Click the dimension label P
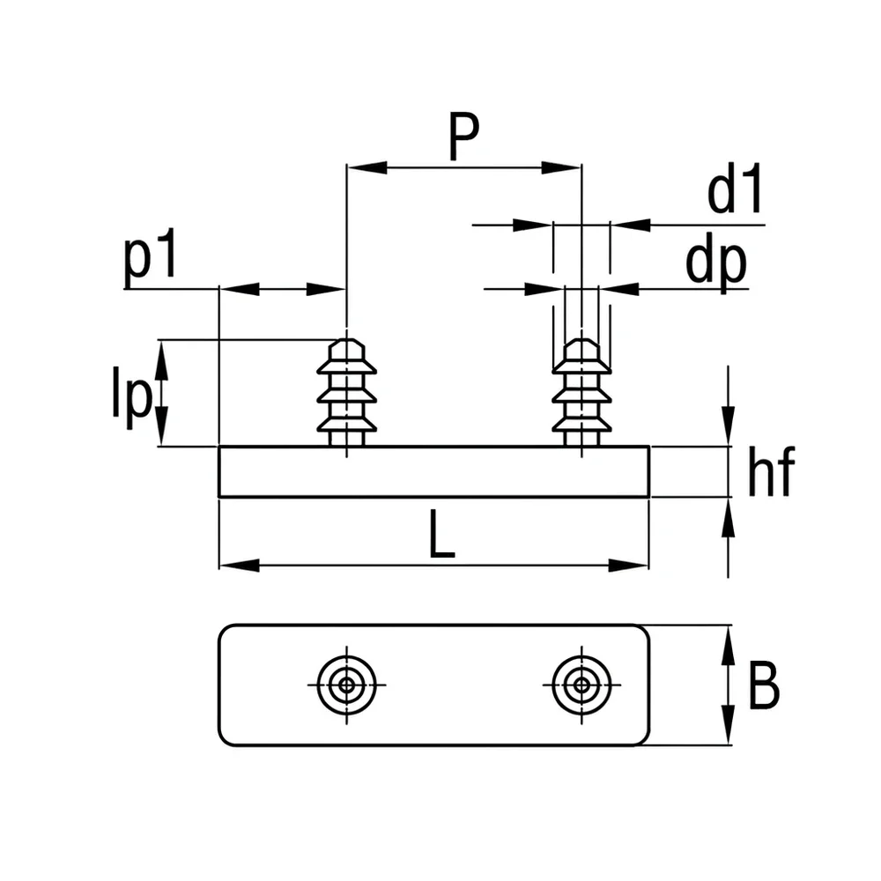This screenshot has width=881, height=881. (464, 136)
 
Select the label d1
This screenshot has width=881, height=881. (735, 189)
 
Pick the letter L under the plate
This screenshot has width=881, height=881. (441, 534)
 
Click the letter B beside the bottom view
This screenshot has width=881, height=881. (764, 685)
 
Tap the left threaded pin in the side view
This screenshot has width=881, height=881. (346, 393)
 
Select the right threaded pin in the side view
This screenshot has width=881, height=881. (581, 393)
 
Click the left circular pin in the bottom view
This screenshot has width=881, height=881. (346, 685)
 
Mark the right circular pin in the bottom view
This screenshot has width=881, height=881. (581, 685)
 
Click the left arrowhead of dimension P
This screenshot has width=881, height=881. (366, 167)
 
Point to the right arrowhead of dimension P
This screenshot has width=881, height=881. (560, 167)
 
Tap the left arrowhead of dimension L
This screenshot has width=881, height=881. (240, 566)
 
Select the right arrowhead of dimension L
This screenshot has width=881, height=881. (629, 566)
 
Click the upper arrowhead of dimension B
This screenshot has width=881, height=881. (729, 645)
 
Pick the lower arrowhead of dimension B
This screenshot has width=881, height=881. (729, 725)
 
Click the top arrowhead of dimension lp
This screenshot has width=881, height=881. (161, 360)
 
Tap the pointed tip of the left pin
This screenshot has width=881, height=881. (346, 339)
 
